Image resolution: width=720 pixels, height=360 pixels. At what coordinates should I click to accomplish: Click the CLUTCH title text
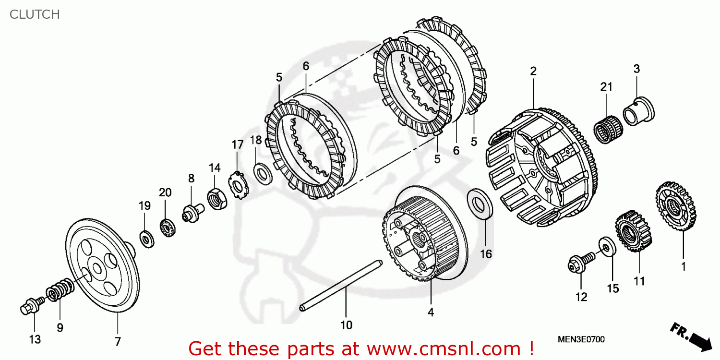[x=35, y=14]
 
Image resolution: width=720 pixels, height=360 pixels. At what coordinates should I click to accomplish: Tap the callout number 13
[x=35, y=340]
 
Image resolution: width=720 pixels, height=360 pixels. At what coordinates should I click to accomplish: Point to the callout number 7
[x=118, y=341]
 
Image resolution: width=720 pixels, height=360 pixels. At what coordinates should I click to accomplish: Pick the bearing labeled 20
[x=166, y=227]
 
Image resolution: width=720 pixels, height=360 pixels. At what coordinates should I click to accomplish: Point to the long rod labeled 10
[x=341, y=285]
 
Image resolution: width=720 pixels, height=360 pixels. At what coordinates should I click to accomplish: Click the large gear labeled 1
[x=676, y=206]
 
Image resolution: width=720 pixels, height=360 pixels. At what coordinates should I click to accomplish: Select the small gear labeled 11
[x=634, y=232]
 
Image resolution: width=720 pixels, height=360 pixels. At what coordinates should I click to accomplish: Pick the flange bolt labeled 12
[x=579, y=264]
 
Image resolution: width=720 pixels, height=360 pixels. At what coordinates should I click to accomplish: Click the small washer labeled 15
[x=607, y=247]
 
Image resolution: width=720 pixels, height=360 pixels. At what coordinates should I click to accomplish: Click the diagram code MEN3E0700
[x=581, y=340]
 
